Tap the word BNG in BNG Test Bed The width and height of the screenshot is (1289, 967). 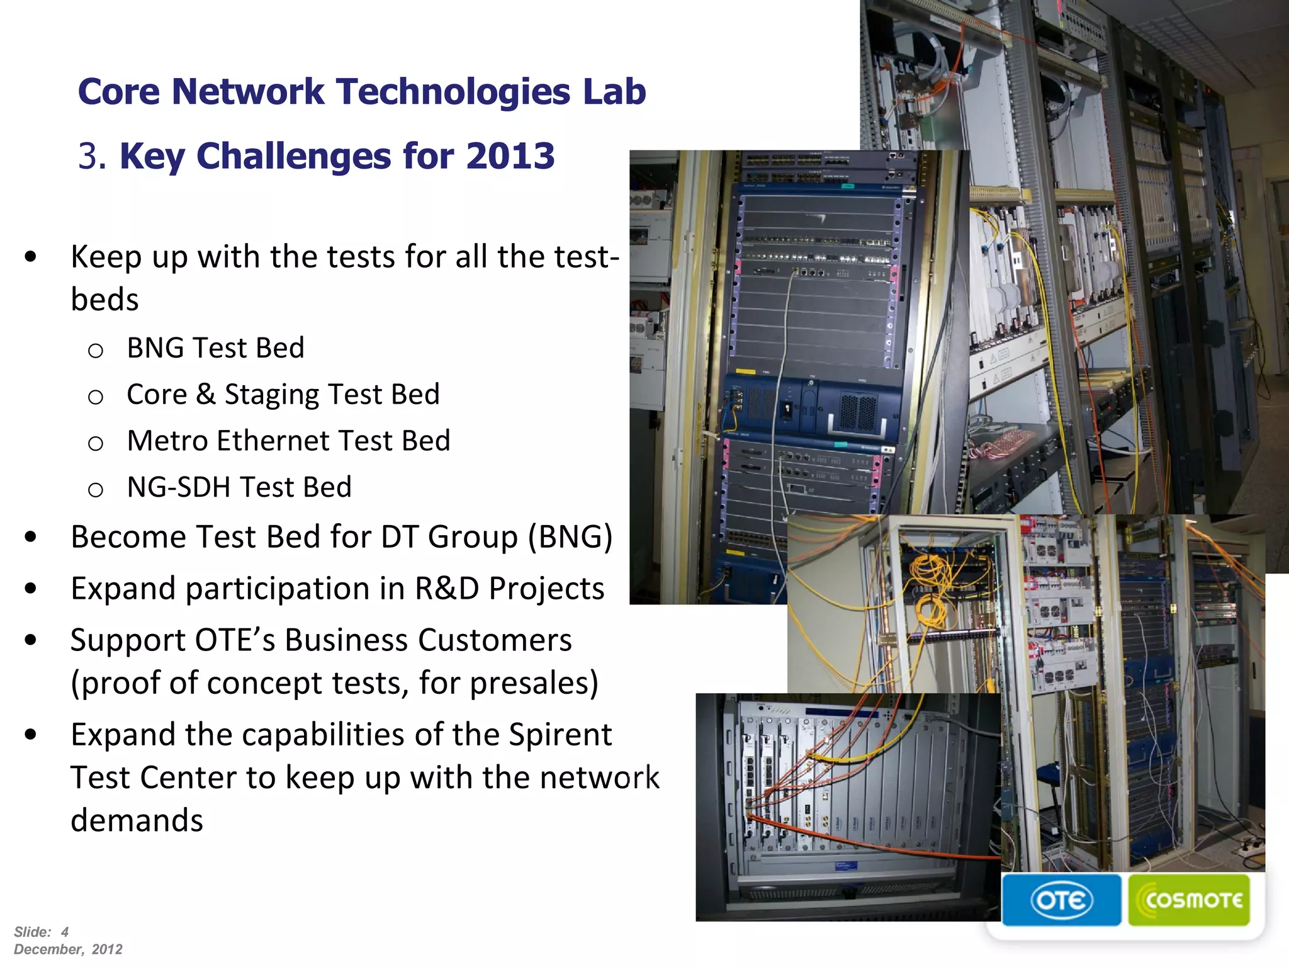(155, 348)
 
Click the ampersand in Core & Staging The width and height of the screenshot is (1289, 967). (206, 395)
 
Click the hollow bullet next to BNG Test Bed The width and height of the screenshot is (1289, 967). (96, 351)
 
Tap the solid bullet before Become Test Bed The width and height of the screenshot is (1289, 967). (31, 537)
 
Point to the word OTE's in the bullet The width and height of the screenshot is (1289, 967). (235, 640)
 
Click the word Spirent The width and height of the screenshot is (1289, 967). (560, 735)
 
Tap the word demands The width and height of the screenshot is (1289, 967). (137, 820)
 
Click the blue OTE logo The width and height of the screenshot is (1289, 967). (1061, 900)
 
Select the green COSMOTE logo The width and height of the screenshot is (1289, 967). (1189, 900)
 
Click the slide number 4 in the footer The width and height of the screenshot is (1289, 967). (64, 932)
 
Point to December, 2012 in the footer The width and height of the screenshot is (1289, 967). (68, 949)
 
